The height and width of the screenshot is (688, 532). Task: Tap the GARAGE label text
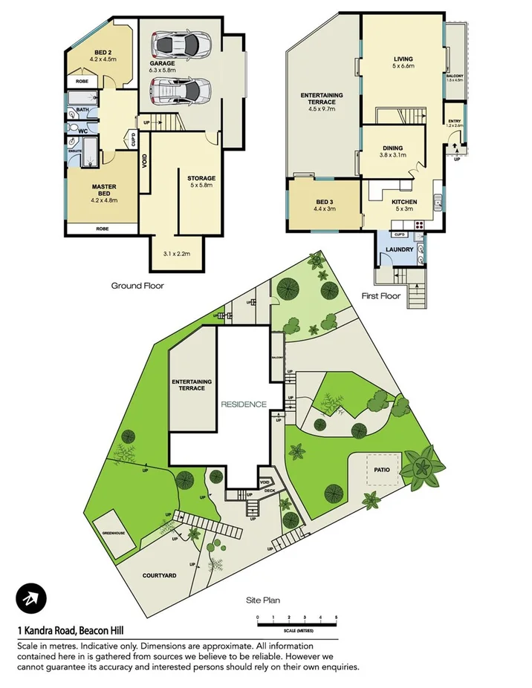click(x=162, y=64)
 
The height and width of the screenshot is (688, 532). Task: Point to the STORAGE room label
click(x=201, y=178)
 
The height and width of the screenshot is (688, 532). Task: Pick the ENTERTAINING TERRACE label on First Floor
click(x=321, y=99)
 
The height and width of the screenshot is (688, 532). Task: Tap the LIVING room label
click(x=403, y=59)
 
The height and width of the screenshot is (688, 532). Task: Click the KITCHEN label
click(x=404, y=202)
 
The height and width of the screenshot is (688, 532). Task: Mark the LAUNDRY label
click(x=399, y=249)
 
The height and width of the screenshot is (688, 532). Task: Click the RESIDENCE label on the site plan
click(x=242, y=404)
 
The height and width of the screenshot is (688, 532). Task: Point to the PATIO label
click(x=382, y=470)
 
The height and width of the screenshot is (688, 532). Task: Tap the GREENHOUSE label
click(x=108, y=533)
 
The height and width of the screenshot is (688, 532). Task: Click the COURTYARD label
click(x=158, y=575)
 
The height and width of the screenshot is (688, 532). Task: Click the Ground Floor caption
click(x=137, y=285)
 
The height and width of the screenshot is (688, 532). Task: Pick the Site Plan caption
click(x=262, y=600)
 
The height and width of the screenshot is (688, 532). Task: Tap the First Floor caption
click(x=380, y=296)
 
